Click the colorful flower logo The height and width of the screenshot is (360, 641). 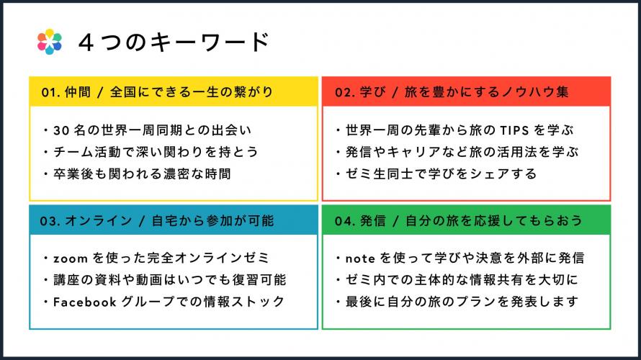pyautogui.click(x=50, y=42)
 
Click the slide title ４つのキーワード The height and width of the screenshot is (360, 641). pyautogui.click(x=174, y=42)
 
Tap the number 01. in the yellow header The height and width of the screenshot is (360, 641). pyautogui.click(x=50, y=92)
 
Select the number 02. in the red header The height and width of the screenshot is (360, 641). pyautogui.click(x=344, y=92)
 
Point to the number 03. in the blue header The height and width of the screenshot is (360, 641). pyautogui.click(x=50, y=221)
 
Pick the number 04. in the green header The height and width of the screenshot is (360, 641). pyautogui.click(x=344, y=221)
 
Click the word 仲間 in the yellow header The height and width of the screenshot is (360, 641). pyautogui.click(x=78, y=92)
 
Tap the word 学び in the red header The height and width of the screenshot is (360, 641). pyautogui.click(x=372, y=92)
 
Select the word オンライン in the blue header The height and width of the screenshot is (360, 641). pyautogui.click(x=99, y=220)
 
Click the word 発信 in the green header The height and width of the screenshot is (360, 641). pyautogui.click(x=373, y=220)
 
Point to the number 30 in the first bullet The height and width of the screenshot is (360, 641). pyautogui.click(x=61, y=130)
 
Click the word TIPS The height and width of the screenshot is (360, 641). pyautogui.click(x=515, y=130)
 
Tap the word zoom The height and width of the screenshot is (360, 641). pyautogui.click(x=71, y=258)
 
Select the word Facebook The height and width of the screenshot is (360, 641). pyautogui.click(x=84, y=302)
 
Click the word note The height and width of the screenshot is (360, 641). pyautogui.click(x=360, y=258)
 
